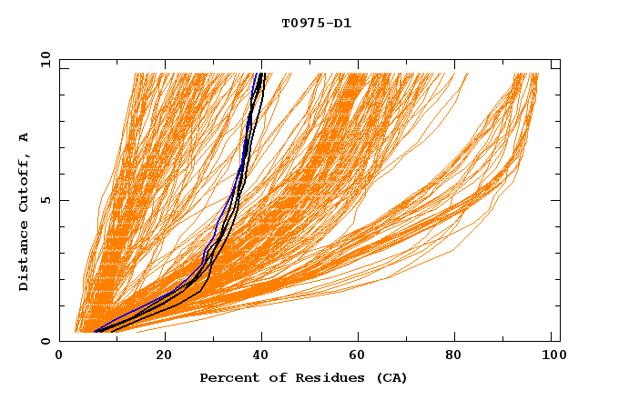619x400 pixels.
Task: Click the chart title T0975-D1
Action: [x=316, y=23]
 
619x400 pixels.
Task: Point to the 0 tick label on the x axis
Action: [x=59, y=356]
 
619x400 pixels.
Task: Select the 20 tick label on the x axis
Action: [x=164, y=356]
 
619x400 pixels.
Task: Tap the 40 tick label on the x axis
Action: [x=262, y=356]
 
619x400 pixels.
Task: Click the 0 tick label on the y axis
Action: [x=46, y=341]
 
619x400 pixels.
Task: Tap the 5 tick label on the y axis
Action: [x=46, y=200]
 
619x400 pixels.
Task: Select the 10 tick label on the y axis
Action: [x=43, y=59]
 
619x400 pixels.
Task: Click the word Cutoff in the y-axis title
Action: [x=25, y=179]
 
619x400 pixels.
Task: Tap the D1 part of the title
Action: [x=341, y=23]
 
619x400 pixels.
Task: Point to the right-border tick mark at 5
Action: [x=556, y=200]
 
